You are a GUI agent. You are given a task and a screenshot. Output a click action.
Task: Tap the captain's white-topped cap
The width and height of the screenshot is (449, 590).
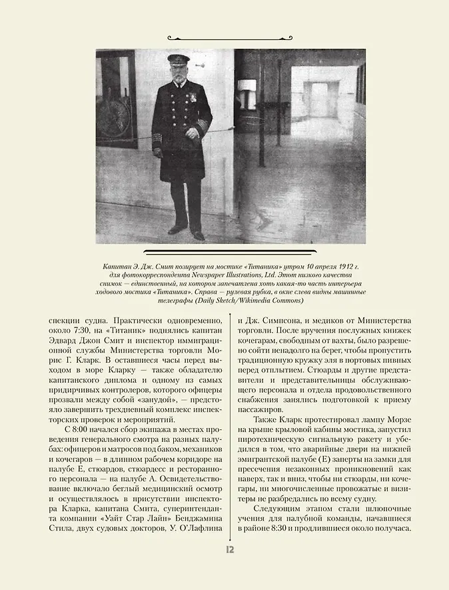(x=178, y=59)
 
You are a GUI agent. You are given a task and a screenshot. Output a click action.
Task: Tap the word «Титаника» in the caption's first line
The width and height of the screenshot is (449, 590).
(x=264, y=265)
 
